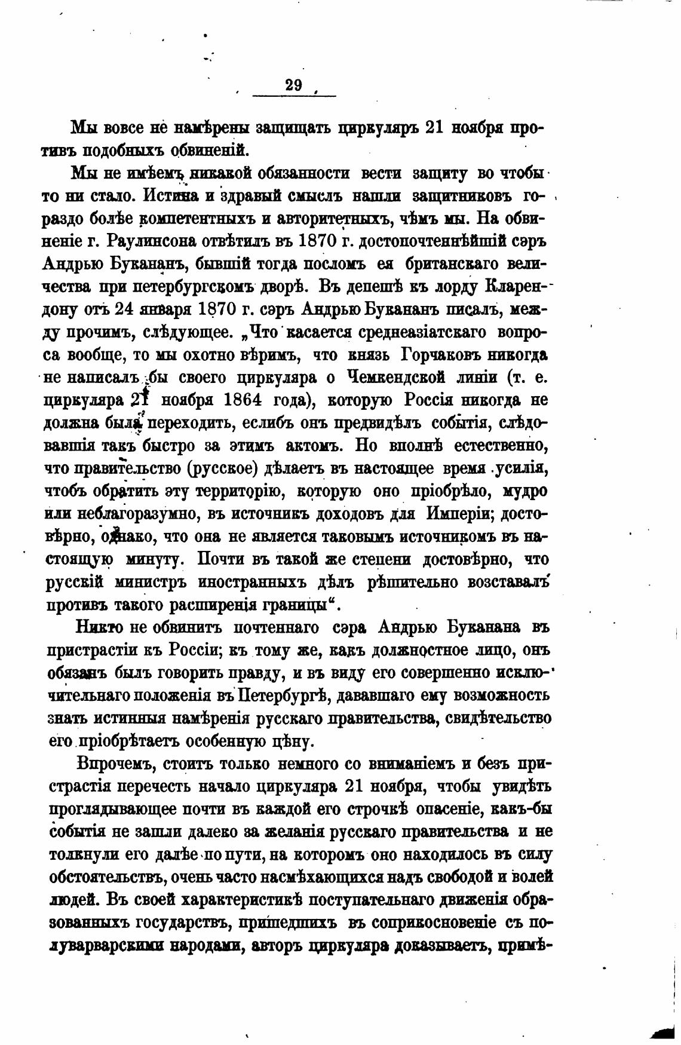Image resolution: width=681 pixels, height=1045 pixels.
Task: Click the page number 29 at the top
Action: click(x=294, y=85)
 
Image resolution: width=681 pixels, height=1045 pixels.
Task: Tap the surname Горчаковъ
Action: click(x=441, y=354)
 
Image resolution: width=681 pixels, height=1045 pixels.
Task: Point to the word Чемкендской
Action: click(x=404, y=378)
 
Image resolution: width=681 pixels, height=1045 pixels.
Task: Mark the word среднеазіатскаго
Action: click(x=432, y=332)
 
